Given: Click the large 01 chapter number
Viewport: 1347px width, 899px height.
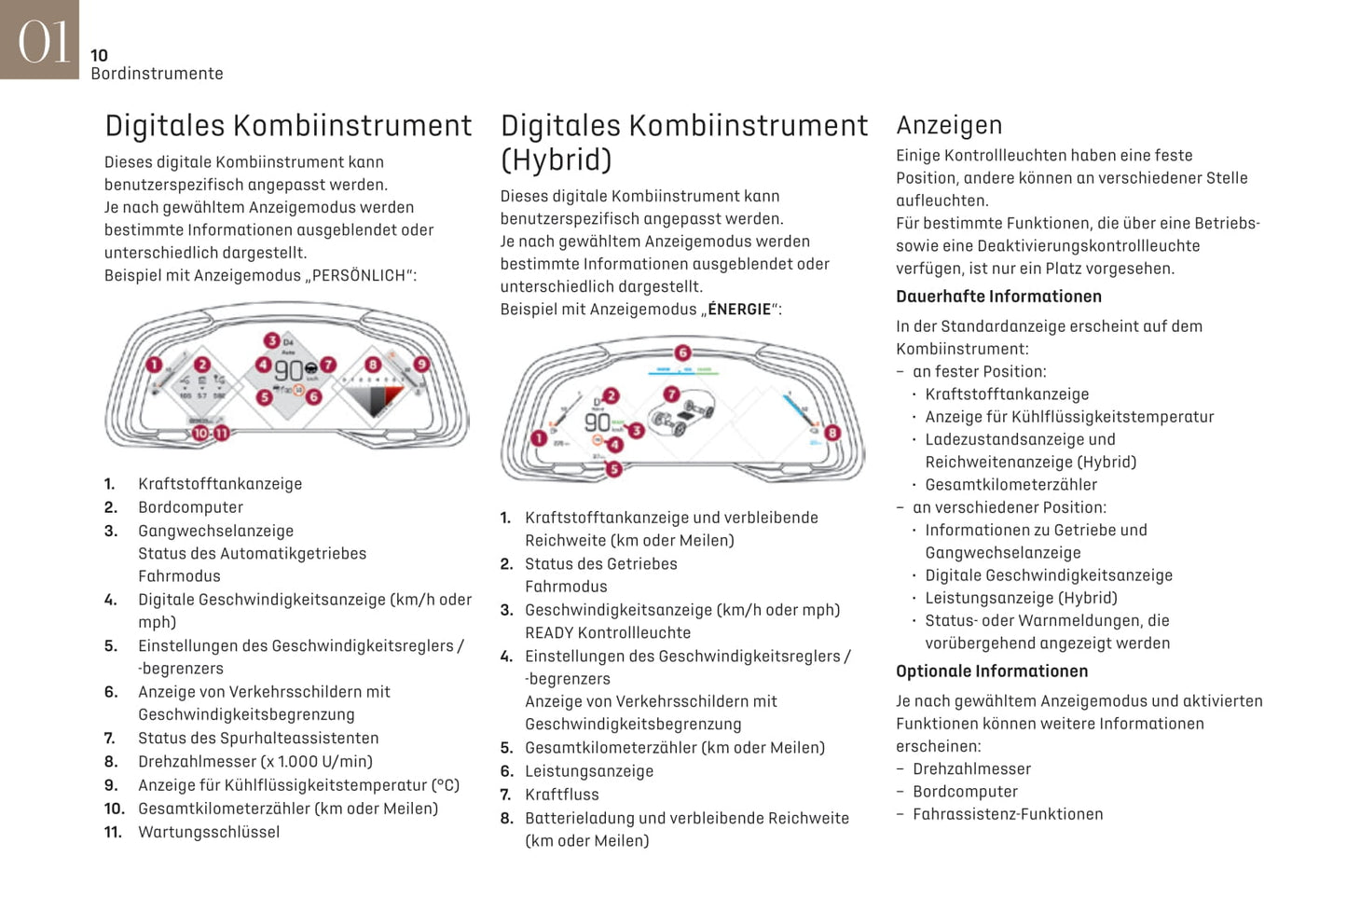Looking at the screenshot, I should [42, 42].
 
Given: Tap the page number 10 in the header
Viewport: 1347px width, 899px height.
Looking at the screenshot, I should [99, 56].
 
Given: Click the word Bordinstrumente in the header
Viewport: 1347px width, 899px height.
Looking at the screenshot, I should [157, 74].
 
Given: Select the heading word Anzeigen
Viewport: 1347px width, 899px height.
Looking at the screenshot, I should [949, 125].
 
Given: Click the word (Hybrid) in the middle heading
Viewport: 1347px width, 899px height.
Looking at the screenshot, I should [556, 159].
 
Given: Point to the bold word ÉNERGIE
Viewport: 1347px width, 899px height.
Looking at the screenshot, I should [739, 310].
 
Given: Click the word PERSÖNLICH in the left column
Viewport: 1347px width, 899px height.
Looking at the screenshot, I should [358, 276].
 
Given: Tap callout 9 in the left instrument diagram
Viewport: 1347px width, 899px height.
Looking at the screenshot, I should [421, 364].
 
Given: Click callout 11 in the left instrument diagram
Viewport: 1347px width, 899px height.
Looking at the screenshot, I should [222, 434].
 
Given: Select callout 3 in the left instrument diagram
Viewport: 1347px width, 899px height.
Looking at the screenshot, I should [271, 340].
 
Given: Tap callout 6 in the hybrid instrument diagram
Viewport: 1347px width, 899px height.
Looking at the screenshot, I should [682, 353].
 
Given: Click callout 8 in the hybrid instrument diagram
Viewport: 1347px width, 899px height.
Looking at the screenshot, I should [832, 433].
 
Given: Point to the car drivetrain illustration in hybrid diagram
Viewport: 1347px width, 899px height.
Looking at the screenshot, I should [685, 412].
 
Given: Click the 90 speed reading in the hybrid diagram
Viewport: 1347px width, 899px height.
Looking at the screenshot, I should [597, 422].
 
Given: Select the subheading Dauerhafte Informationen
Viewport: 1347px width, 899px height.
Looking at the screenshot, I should [998, 297].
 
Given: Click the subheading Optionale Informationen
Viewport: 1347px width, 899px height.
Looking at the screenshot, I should [992, 671].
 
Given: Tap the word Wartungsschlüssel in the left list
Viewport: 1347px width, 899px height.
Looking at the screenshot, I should [209, 832].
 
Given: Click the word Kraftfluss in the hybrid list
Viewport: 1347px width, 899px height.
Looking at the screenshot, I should [562, 795].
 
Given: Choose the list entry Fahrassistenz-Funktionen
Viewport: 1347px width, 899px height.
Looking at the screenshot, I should [1008, 814].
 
